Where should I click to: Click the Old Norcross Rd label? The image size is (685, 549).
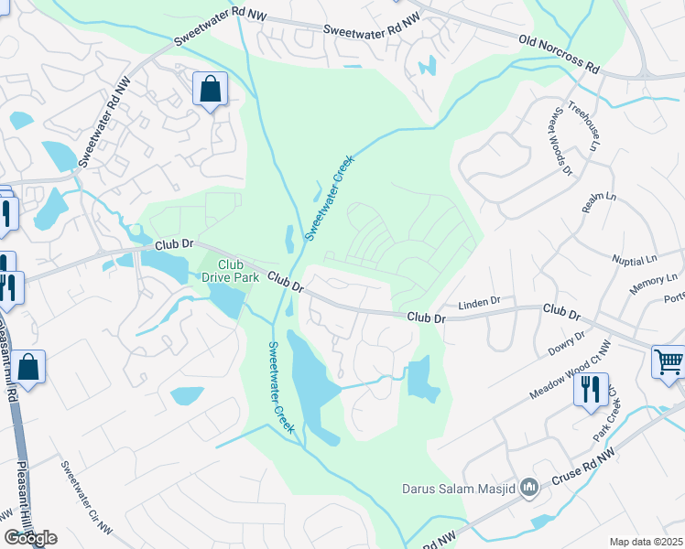[x=558, y=55]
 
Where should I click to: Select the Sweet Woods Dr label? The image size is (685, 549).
[x=560, y=142]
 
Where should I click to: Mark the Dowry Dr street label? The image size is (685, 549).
[x=568, y=344]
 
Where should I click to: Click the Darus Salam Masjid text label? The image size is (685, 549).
[x=459, y=488]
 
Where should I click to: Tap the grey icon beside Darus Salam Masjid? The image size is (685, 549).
[x=528, y=489]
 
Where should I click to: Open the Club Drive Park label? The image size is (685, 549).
[x=225, y=271]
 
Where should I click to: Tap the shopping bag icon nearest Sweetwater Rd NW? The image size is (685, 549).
[x=211, y=90]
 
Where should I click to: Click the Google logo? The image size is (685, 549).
[x=30, y=538]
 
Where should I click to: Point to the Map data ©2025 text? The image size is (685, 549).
[x=647, y=542]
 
